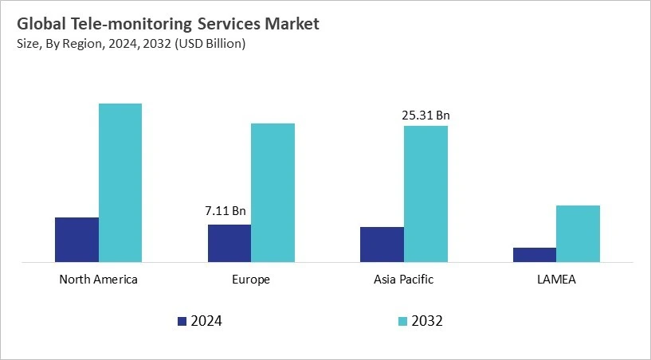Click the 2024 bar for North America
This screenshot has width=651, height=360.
click(x=76, y=239)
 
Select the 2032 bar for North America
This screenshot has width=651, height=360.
click(x=120, y=182)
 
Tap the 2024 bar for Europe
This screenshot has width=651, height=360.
click(x=229, y=243)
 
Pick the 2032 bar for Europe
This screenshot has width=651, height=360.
click(x=273, y=192)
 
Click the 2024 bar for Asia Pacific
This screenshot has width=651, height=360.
click(x=382, y=244)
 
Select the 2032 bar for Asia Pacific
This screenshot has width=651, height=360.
click(x=426, y=194)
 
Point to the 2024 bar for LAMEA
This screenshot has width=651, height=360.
click(x=535, y=254)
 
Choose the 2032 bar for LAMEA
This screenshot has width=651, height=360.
click(x=578, y=233)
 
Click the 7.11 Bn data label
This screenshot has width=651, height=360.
click(x=225, y=211)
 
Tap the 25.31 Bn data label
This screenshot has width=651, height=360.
click(x=426, y=115)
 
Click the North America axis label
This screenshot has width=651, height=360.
click(x=99, y=280)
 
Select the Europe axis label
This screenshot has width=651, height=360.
click(x=251, y=280)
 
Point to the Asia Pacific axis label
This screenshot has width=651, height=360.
click(x=404, y=280)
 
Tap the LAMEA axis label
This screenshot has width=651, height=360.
click(x=556, y=280)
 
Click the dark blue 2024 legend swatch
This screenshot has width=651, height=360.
click(x=182, y=322)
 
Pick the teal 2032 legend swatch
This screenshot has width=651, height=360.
click(x=402, y=322)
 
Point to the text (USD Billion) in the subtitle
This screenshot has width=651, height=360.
click(x=209, y=44)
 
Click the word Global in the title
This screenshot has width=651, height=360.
click(x=38, y=24)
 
